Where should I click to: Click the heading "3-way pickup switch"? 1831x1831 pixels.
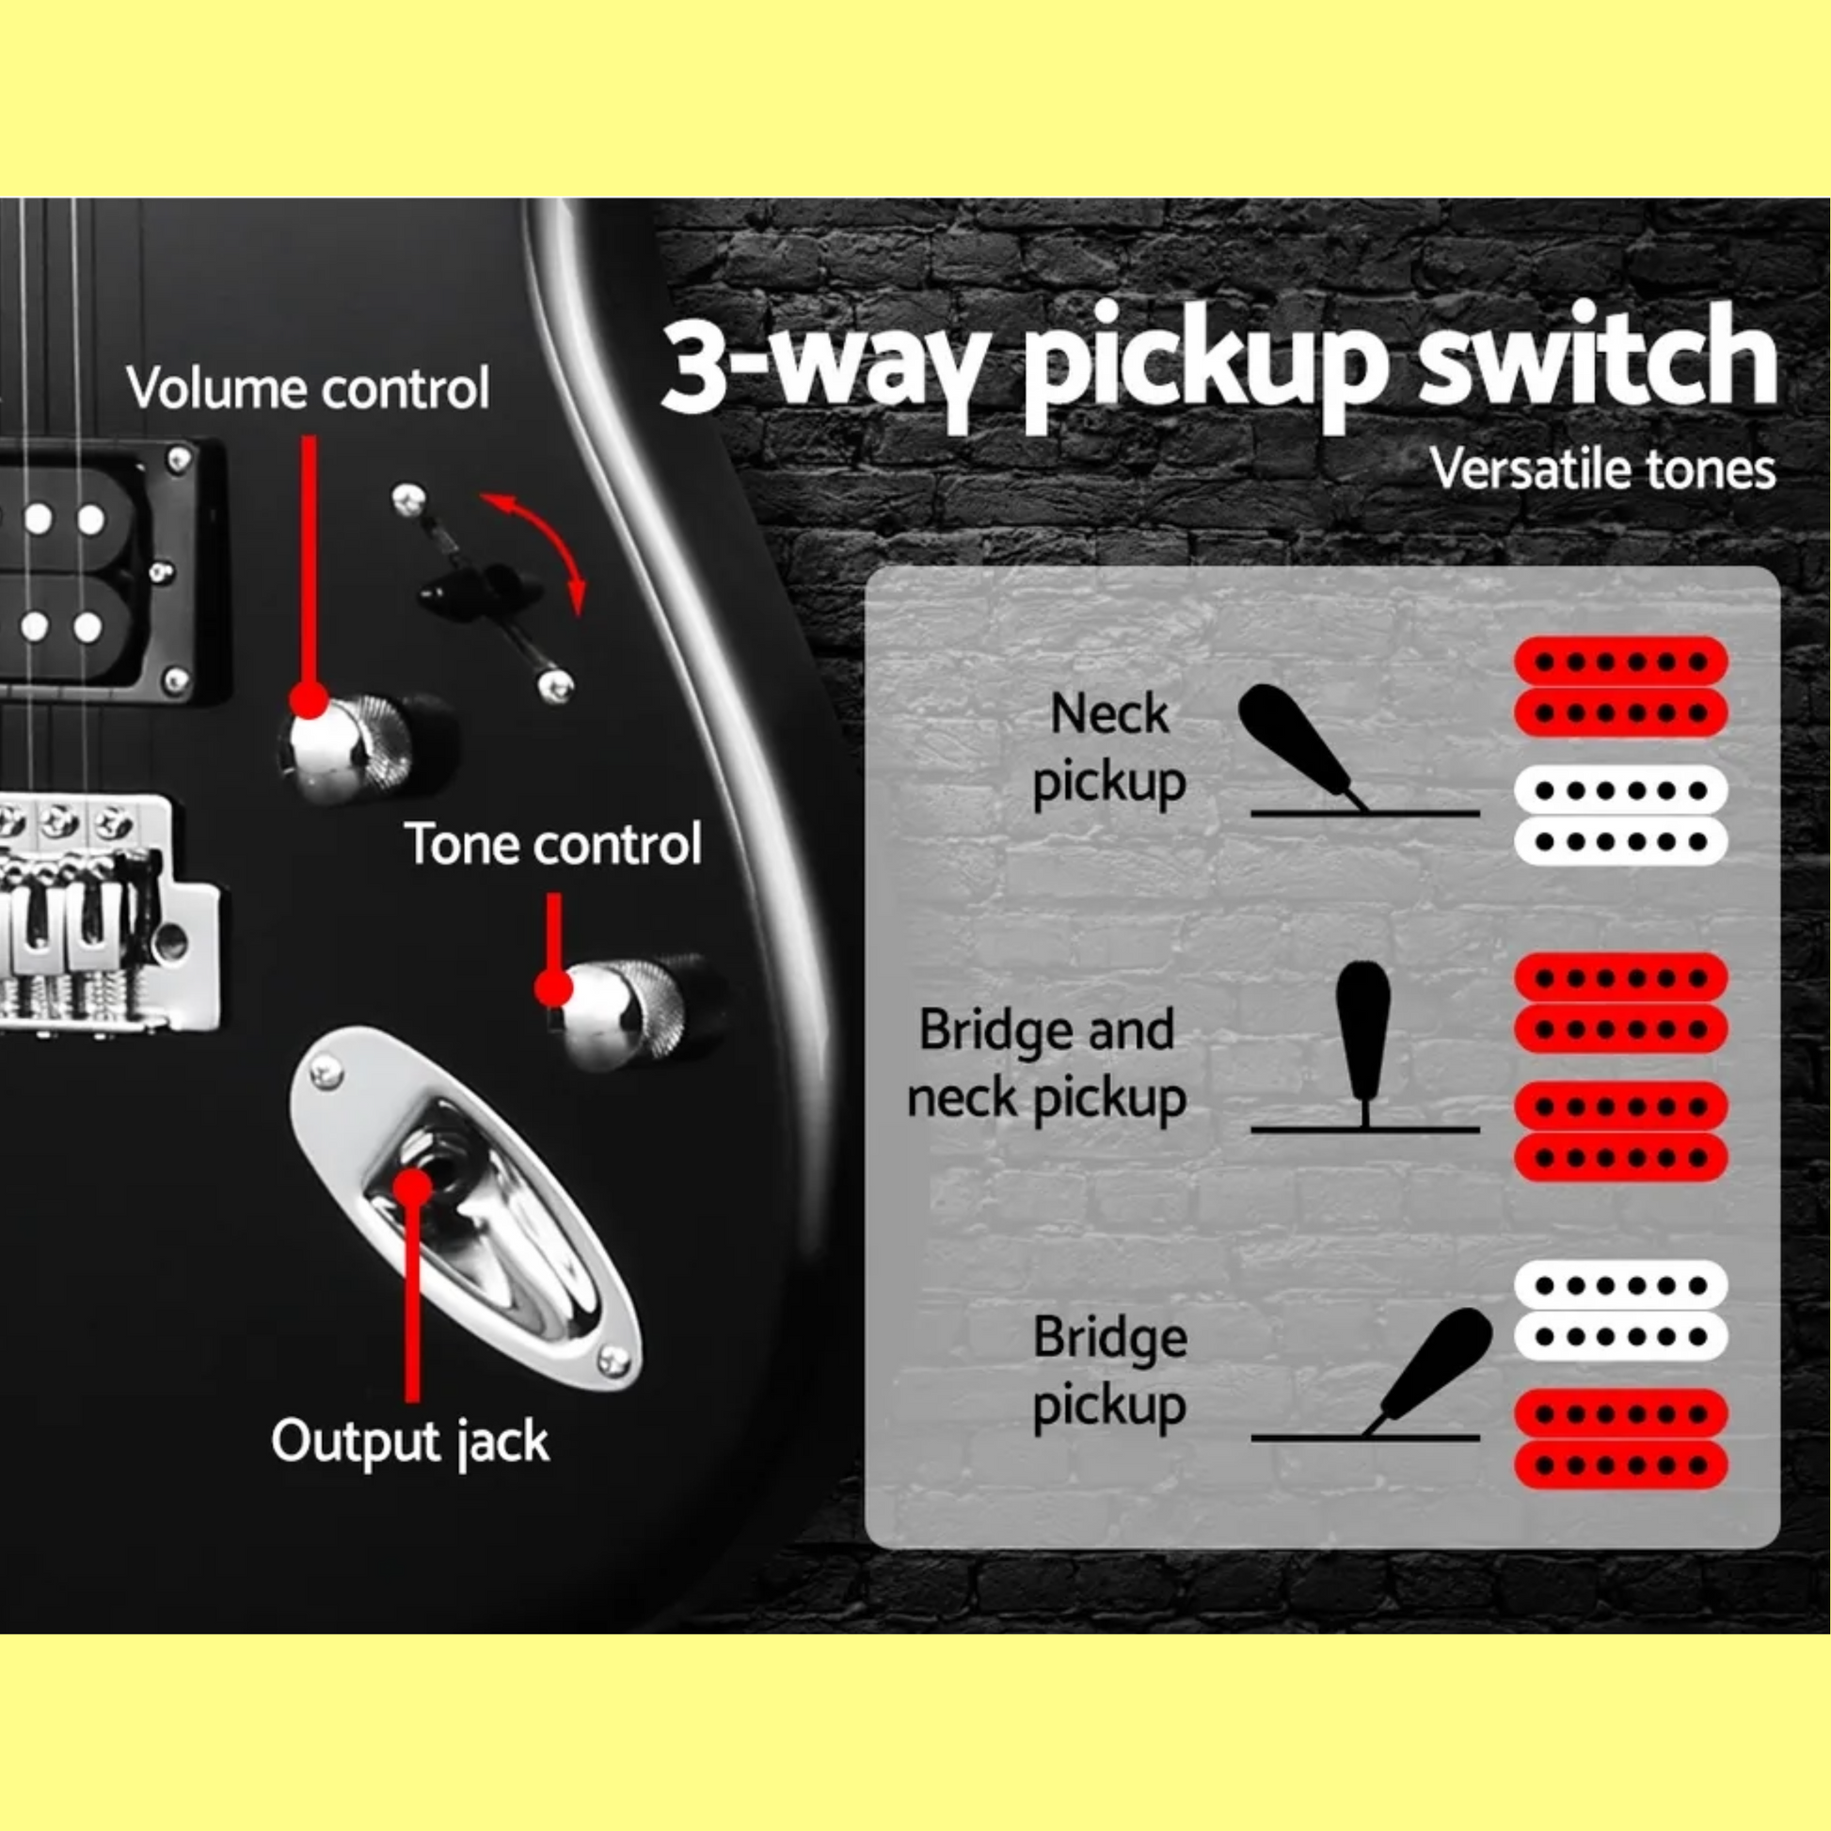1218,366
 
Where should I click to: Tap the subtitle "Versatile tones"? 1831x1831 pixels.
1602,470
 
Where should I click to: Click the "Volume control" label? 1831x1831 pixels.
308,389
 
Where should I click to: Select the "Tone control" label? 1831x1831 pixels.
553,843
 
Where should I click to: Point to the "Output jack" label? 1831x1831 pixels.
409,1441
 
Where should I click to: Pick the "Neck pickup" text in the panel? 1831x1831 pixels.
1108,749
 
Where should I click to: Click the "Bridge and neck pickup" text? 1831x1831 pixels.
1046,1063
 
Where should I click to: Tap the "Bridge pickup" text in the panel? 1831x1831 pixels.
1108,1371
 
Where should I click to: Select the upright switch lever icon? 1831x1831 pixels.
1363,1043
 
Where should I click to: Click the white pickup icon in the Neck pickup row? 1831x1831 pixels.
1620,815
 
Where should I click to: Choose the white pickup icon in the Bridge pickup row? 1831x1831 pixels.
1620,1311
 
